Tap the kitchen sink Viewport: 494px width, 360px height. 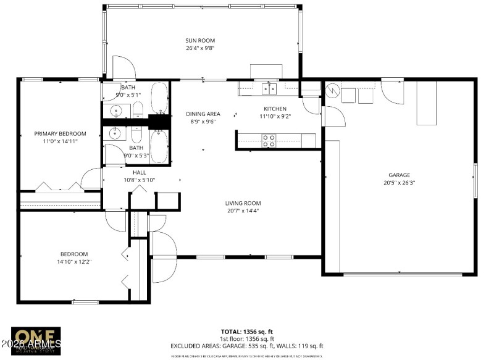[269, 88]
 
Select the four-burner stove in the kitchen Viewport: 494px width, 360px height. [269, 141]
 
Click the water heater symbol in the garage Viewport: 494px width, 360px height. [332, 91]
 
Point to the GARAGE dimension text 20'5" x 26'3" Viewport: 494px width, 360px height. [399, 183]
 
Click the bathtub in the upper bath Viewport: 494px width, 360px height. [159, 99]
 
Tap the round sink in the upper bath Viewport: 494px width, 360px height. [115, 111]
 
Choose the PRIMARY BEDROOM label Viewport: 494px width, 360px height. [60, 133]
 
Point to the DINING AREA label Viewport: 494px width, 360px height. [203, 114]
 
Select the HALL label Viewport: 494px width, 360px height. [139, 172]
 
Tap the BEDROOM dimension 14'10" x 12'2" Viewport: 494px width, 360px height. [73, 262]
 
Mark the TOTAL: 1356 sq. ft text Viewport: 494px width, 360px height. [247, 332]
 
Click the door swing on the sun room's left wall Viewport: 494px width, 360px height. [120, 67]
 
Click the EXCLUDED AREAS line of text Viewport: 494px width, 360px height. [247, 346]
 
